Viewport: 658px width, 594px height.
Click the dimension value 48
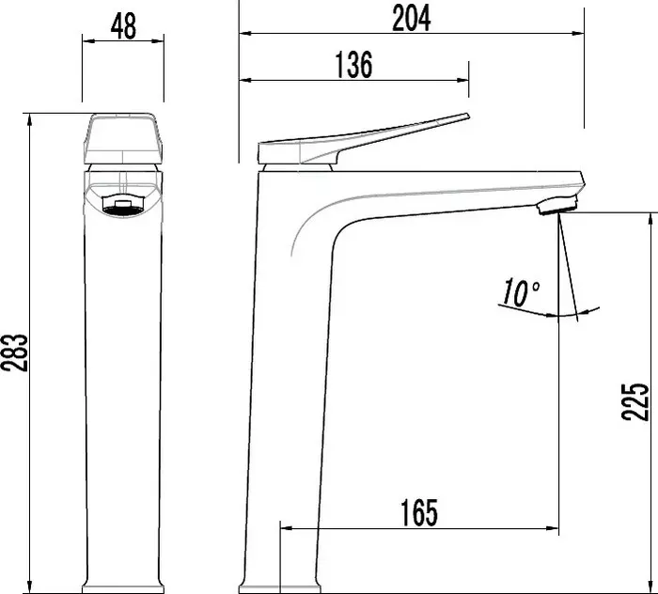123,26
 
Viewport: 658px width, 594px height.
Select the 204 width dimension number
412,18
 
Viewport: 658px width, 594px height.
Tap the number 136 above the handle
353,65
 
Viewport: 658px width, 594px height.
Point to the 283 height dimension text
15,352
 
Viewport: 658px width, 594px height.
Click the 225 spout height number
635,401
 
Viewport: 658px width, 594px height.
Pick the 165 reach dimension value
419,512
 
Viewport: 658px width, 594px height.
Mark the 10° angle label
520,292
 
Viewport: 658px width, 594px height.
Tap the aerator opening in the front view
124,207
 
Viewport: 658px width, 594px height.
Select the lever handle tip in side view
467,117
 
